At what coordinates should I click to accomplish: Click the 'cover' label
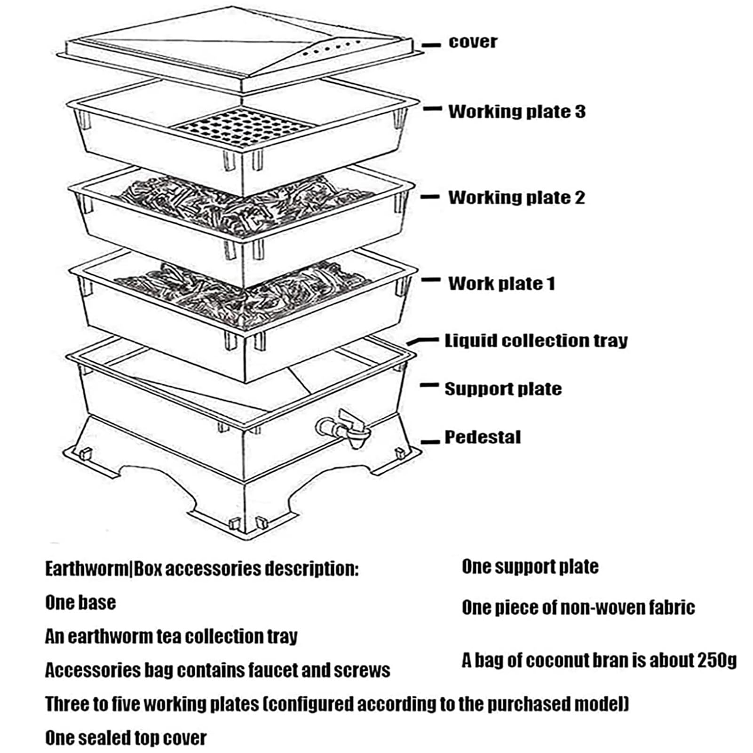click(x=472, y=41)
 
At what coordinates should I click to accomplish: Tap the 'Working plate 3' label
click(x=516, y=111)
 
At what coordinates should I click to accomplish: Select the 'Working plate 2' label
click(x=516, y=198)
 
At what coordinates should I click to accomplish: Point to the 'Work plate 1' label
click(x=501, y=283)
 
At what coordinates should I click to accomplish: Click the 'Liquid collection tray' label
click(x=536, y=341)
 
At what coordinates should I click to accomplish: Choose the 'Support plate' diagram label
click(x=503, y=389)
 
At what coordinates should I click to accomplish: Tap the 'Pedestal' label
click(x=483, y=437)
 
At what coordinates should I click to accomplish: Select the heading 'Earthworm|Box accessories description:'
click(x=202, y=569)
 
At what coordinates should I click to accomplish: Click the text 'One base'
click(x=80, y=602)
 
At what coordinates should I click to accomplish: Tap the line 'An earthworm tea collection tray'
click(x=172, y=636)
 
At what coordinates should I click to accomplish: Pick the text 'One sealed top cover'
click(x=126, y=738)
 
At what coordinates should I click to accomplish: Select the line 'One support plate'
click(x=530, y=567)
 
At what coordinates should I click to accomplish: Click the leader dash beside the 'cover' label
click(x=431, y=45)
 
